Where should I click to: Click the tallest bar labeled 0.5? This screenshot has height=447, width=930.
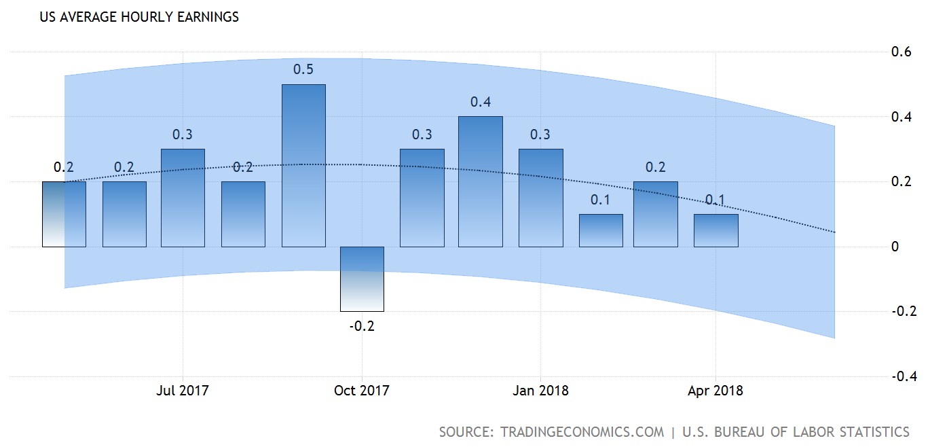[x=303, y=165]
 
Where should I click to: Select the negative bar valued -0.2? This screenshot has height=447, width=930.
[x=362, y=279]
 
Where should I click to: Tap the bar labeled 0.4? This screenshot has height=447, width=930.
[x=480, y=181]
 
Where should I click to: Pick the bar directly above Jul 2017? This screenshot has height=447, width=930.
[x=183, y=198]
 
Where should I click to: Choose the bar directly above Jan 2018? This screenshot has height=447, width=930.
[x=541, y=198]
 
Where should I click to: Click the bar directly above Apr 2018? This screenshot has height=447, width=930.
[x=715, y=230]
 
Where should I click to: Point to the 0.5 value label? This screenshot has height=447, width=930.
[x=303, y=69]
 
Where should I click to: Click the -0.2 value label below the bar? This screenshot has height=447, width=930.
[x=362, y=326]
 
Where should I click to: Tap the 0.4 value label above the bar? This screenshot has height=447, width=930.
[x=481, y=103]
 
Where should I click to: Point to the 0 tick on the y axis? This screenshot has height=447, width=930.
[x=895, y=247]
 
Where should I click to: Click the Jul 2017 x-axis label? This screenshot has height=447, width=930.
[x=183, y=391]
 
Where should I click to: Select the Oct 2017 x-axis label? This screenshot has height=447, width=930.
[x=362, y=391]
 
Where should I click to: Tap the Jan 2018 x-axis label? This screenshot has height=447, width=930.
[x=541, y=391]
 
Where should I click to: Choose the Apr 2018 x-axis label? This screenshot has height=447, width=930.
[x=715, y=391]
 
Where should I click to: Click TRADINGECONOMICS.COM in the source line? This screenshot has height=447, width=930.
[x=582, y=432]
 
